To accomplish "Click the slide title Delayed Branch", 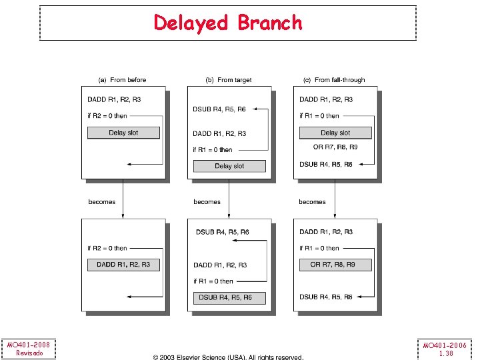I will click(228, 23).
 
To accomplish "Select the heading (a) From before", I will click(122, 80).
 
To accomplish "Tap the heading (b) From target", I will click(229, 80).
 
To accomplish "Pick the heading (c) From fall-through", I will click(334, 80).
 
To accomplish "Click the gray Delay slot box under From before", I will click(123, 133).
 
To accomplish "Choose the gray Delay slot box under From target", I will click(229, 166).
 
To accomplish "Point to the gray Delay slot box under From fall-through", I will click(335, 133).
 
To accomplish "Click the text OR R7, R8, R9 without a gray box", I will click(335, 147).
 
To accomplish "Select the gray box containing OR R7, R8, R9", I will click(333, 265).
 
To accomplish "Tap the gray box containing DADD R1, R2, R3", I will click(123, 265).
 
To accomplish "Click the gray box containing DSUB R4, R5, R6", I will click(229, 297).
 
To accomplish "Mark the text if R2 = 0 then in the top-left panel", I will click(107, 116).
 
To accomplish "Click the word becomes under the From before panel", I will click(102, 201).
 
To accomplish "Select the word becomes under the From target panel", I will click(207, 201).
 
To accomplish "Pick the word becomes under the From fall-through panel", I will click(313, 201).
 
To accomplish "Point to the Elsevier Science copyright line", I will click(229, 357).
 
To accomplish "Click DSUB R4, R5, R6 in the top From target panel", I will click(219, 109).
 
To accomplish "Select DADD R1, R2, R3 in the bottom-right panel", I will click(327, 232).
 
